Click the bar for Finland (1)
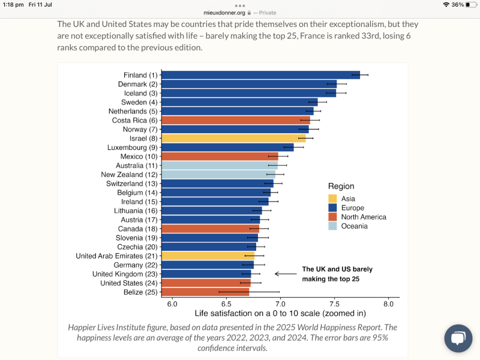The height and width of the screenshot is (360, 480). [260, 75]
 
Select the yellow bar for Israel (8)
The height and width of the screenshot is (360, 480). [233, 139]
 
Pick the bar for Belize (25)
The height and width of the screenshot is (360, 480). [205, 292]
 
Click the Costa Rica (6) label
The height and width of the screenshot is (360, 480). [135, 121]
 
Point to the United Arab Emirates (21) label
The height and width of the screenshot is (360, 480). [116, 256]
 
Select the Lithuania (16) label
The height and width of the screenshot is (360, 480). [136, 211]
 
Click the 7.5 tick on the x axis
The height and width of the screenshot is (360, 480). [334, 303]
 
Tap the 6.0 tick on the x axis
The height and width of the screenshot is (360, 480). [172, 303]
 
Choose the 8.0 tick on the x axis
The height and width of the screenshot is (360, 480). [388, 303]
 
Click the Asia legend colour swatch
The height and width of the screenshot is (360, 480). [332, 199]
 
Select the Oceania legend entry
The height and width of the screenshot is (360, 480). [353, 226]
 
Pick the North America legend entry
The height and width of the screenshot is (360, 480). [363, 217]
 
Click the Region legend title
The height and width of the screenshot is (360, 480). [341, 187]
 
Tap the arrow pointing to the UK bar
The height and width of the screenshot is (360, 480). [286, 274]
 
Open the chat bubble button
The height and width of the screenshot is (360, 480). [458, 338]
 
